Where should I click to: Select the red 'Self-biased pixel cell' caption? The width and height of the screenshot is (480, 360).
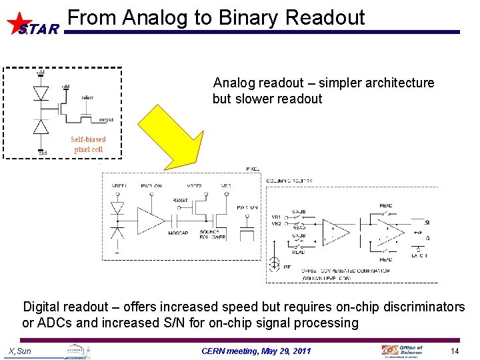point(89,144)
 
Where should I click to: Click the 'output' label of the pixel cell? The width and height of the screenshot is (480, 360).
point(105,120)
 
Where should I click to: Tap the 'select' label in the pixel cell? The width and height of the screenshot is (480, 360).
point(87,97)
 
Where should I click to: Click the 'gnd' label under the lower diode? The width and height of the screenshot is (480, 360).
point(42,153)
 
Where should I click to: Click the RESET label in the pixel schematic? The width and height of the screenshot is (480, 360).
point(180,201)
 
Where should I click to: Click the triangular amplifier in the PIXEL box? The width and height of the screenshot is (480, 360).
point(149,219)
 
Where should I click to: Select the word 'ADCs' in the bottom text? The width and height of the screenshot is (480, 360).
point(53,323)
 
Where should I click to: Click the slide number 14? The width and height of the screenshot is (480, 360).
point(455,351)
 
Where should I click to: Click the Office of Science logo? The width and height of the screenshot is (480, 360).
point(402,350)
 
